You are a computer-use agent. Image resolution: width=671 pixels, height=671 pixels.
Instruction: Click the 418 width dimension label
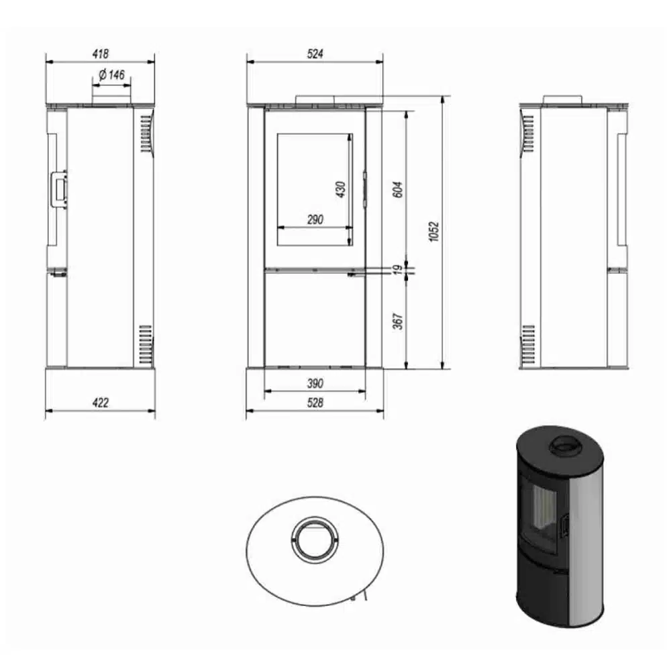[x=101, y=54]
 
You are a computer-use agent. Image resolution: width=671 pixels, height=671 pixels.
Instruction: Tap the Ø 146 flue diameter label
[x=111, y=75]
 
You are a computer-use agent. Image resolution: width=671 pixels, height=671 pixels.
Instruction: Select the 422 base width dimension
[x=101, y=403]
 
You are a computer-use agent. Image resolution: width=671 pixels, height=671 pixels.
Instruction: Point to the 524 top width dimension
[x=315, y=54]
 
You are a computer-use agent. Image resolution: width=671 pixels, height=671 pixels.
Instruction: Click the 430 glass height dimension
[x=341, y=190]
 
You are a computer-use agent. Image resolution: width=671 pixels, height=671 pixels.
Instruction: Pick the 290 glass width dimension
[x=315, y=220]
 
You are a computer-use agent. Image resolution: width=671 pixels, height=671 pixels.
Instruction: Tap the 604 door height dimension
[x=398, y=190]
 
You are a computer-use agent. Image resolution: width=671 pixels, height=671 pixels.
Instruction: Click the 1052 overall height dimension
[x=434, y=231]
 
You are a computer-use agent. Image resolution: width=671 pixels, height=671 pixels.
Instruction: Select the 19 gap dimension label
[x=398, y=270]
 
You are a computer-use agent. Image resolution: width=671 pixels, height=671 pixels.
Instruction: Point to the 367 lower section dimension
[x=398, y=321]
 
